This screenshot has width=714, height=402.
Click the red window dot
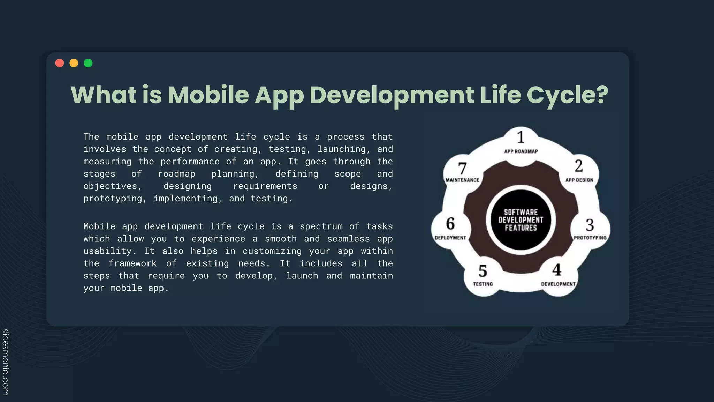pyautogui.click(x=60, y=63)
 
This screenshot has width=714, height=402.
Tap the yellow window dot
pyautogui.click(x=74, y=63)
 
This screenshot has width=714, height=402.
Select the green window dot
pyautogui.click(x=88, y=63)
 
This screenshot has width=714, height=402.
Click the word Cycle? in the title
pyautogui.click(x=567, y=95)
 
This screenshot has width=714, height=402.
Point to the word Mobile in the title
pyautogui.click(x=208, y=95)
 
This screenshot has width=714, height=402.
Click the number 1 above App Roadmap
pyautogui.click(x=521, y=137)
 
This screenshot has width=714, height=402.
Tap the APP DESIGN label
pyautogui.click(x=579, y=180)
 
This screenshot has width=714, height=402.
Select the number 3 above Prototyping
pyautogui.click(x=590, y=225)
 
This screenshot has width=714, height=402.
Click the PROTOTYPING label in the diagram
pyautogui.click(x=590, y=238)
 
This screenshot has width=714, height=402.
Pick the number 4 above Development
pyautogui.click(x=557, y=270)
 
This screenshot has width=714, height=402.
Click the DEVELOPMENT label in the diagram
pyautogui.click(x=558, y=284)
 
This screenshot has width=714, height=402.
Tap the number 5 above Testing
pyautogui.click(x=483, y=271)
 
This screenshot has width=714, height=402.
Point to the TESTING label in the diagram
pyautogui.click(x=483, y=284)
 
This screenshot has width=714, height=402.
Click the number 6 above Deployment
pyautogui.click(x=450, y=224)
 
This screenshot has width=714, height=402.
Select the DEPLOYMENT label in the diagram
pyautogui.click(x=450, y=238)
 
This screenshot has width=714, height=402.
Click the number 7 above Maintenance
pyautogui.click(x=462, y=169)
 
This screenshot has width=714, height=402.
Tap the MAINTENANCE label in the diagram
pyautogui.click(x=462, y=180)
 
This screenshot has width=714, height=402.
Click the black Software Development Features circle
pyautogui.click(x=521, y=220)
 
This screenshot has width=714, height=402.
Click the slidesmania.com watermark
pyautogui.click(x=6, y=362)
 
